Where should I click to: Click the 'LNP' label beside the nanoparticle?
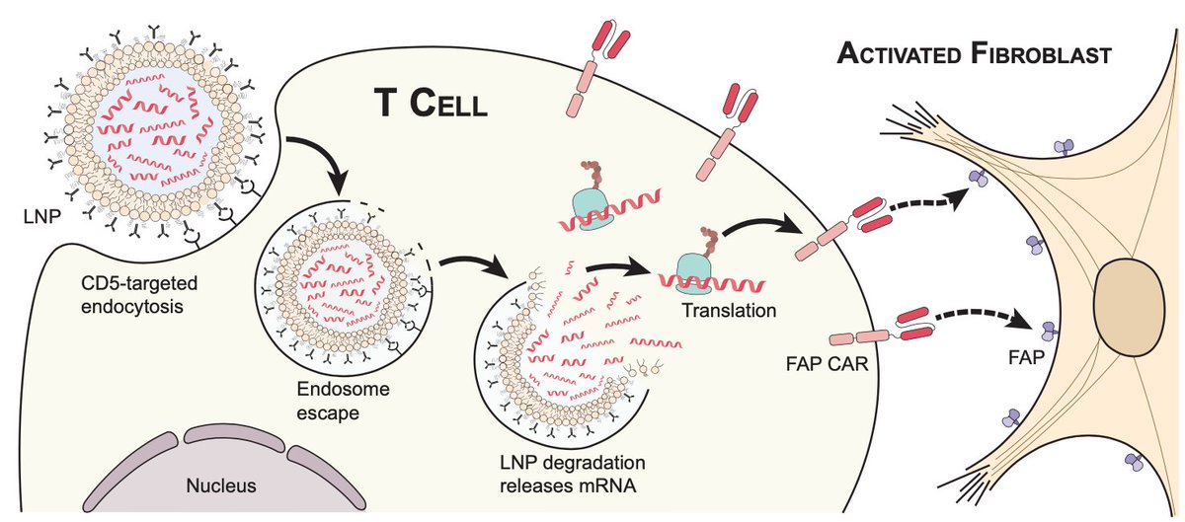click(41, 216)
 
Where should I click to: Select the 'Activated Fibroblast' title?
click(974, 54)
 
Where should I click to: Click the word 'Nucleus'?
click(221, 485)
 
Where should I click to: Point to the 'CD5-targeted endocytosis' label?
click(139, 295)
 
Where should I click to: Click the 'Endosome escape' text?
click(343, 401)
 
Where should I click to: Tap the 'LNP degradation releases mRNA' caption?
click(573, 474)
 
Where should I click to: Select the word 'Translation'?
click(729, 310)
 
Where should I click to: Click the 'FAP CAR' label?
click(828, 364)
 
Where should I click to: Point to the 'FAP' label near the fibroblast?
click(1026, 358)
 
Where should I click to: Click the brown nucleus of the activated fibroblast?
click(1130, 307)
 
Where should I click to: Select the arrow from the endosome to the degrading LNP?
click(473, 261)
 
